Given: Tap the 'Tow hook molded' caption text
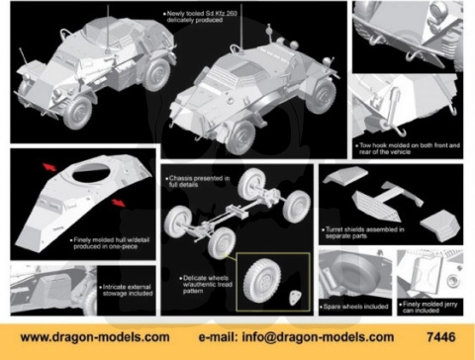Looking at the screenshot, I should point(408,148).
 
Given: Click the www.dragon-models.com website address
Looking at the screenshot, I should point(88,336).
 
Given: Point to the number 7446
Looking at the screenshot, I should point(446,336).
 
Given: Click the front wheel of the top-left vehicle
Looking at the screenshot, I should point(77,111).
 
